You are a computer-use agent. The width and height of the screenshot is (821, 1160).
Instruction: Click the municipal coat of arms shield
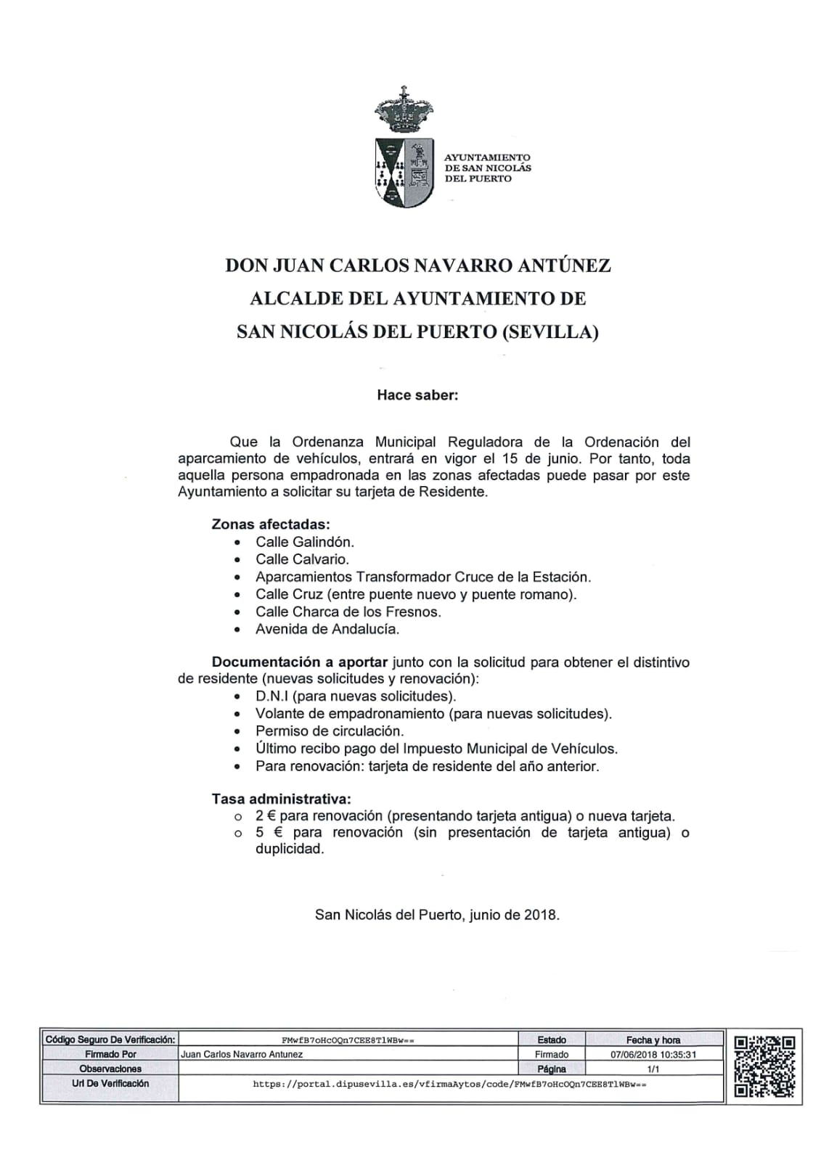pos(404,173)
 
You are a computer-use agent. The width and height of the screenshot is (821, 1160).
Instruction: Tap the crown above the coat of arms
pos(404,109)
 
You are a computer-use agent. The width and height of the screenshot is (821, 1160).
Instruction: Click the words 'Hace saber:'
pos(417,395)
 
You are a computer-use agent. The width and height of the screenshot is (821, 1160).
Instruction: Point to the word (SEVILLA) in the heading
pos(550,332)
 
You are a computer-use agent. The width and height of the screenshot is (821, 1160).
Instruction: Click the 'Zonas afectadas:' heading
pos(271,524)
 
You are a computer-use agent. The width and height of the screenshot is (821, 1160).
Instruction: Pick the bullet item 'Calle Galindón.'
pos(305,542)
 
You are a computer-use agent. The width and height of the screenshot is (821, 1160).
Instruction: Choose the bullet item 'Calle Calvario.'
pos(302,559)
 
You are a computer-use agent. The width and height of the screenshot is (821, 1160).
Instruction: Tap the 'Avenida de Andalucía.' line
pos(327,629)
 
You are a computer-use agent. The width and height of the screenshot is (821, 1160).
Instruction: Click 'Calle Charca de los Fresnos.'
pos(348,612)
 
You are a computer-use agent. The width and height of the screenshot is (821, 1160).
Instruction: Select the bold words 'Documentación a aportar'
pos(300,662)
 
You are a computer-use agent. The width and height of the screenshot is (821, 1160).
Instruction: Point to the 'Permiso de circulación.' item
pos(330,731)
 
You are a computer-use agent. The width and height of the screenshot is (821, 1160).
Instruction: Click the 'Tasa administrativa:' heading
pos(281,799)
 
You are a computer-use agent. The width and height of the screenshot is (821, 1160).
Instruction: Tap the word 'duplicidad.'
pos(290,849)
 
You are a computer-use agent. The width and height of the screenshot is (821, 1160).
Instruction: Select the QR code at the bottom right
pos(764,1066)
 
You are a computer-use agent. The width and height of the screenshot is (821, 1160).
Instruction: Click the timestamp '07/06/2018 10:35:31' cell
pos(653,1054)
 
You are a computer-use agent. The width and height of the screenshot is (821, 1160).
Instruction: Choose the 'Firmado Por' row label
pos(110,1054)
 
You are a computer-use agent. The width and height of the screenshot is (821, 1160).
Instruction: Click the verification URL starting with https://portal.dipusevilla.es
pos(449,1084)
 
